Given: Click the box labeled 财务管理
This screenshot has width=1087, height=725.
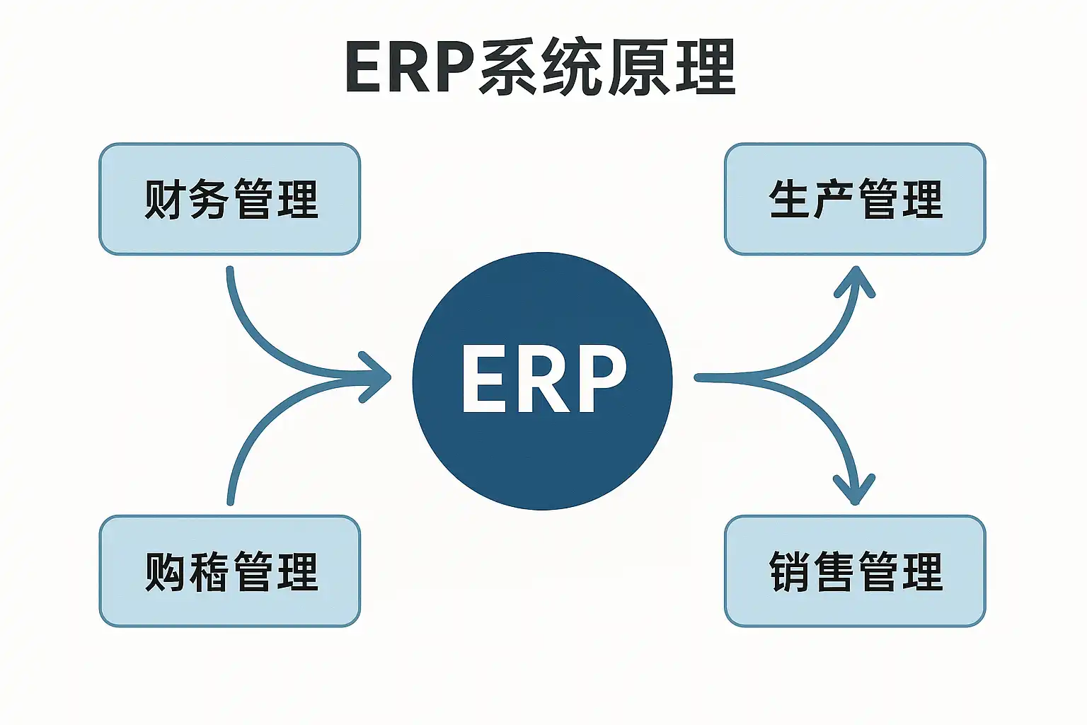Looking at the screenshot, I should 230,199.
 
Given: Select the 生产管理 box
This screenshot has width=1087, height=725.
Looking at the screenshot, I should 855,199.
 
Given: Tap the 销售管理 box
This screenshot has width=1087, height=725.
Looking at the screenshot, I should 855,571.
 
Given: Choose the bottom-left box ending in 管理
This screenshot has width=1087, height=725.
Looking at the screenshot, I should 230,571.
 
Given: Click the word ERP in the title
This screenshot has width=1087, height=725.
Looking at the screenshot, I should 409,68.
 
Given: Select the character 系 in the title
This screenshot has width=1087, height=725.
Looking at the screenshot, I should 507,68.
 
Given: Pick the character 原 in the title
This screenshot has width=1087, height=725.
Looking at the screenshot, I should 638,68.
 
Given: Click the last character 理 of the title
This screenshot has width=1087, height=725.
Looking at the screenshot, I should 705,68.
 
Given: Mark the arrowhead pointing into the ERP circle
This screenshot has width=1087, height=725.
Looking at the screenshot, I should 378,377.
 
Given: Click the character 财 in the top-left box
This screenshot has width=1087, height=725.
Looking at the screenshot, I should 166,199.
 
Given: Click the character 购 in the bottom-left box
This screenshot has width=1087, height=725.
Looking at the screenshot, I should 166,571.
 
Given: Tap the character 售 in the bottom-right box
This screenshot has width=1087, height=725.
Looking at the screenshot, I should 834,571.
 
